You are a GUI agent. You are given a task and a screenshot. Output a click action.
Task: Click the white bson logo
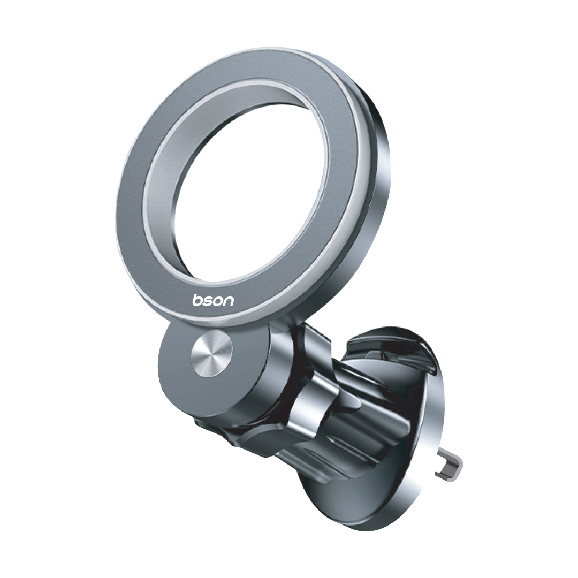(x=213, y=300)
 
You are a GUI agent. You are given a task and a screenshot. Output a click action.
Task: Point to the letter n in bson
(x=229, y=300)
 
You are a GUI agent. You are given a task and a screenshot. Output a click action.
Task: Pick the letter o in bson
(x=218, y=300)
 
